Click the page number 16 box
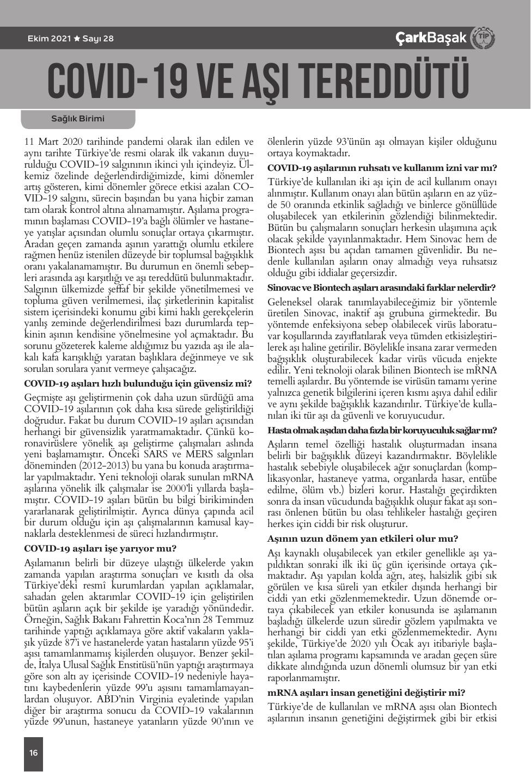point(33,753)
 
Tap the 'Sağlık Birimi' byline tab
point(77,119)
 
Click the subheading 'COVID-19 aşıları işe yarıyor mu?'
point(100,548)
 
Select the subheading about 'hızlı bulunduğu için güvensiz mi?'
point(138,383)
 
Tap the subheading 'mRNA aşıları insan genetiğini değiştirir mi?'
point(367,693)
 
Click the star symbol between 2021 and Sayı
point(77,39)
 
